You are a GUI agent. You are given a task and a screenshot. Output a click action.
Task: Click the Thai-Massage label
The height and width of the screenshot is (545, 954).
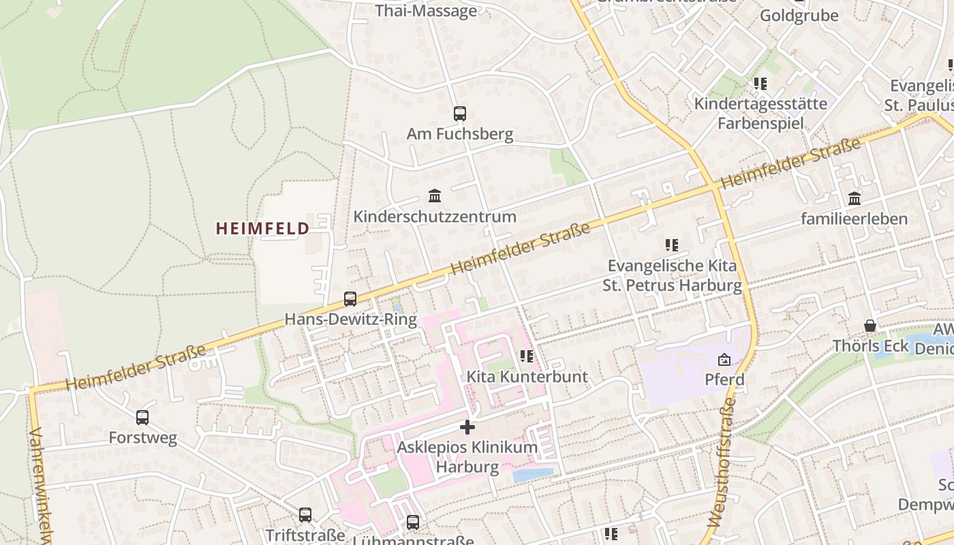click(427, 11)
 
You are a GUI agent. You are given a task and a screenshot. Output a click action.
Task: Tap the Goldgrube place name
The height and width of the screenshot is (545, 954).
click(799, 15)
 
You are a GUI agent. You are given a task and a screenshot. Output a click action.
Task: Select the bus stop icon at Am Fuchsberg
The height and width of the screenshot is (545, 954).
click(460, 114)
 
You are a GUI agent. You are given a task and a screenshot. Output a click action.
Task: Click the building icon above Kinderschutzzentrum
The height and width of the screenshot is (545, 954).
click(435, 196)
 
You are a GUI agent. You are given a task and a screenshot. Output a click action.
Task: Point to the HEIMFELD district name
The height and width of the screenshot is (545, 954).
click(262, 228)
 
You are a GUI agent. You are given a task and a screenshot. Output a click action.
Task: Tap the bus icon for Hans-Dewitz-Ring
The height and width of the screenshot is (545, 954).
click(350, 298)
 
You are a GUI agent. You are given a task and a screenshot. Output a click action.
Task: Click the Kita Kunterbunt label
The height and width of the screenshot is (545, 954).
click(527, 377)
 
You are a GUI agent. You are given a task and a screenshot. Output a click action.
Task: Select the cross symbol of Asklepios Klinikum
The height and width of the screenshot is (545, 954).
click(467, 427)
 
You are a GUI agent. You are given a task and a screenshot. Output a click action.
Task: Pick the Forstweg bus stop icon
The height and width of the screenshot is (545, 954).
click(142, 418)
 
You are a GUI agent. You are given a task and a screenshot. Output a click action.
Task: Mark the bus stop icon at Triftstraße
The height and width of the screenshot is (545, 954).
click(305, 515)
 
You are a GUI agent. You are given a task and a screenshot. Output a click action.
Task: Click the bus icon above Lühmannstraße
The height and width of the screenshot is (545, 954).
click(413, 523)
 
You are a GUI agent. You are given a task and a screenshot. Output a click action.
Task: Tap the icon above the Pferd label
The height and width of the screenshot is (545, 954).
click(724, 360)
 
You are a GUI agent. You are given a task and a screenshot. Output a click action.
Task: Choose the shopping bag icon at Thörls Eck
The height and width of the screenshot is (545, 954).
click(870, 326)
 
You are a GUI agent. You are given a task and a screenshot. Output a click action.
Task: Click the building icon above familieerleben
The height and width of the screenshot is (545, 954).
click(855, 198)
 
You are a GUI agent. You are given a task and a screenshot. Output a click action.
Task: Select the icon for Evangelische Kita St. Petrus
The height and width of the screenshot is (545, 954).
click(672, 245)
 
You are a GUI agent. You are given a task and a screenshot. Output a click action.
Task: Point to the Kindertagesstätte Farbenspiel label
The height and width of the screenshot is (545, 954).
click(760, 114)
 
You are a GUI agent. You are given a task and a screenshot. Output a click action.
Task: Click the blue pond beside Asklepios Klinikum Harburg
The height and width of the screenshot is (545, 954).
click(532, 475)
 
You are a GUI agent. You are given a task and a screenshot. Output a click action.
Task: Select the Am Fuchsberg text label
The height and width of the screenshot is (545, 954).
click(460, 134)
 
